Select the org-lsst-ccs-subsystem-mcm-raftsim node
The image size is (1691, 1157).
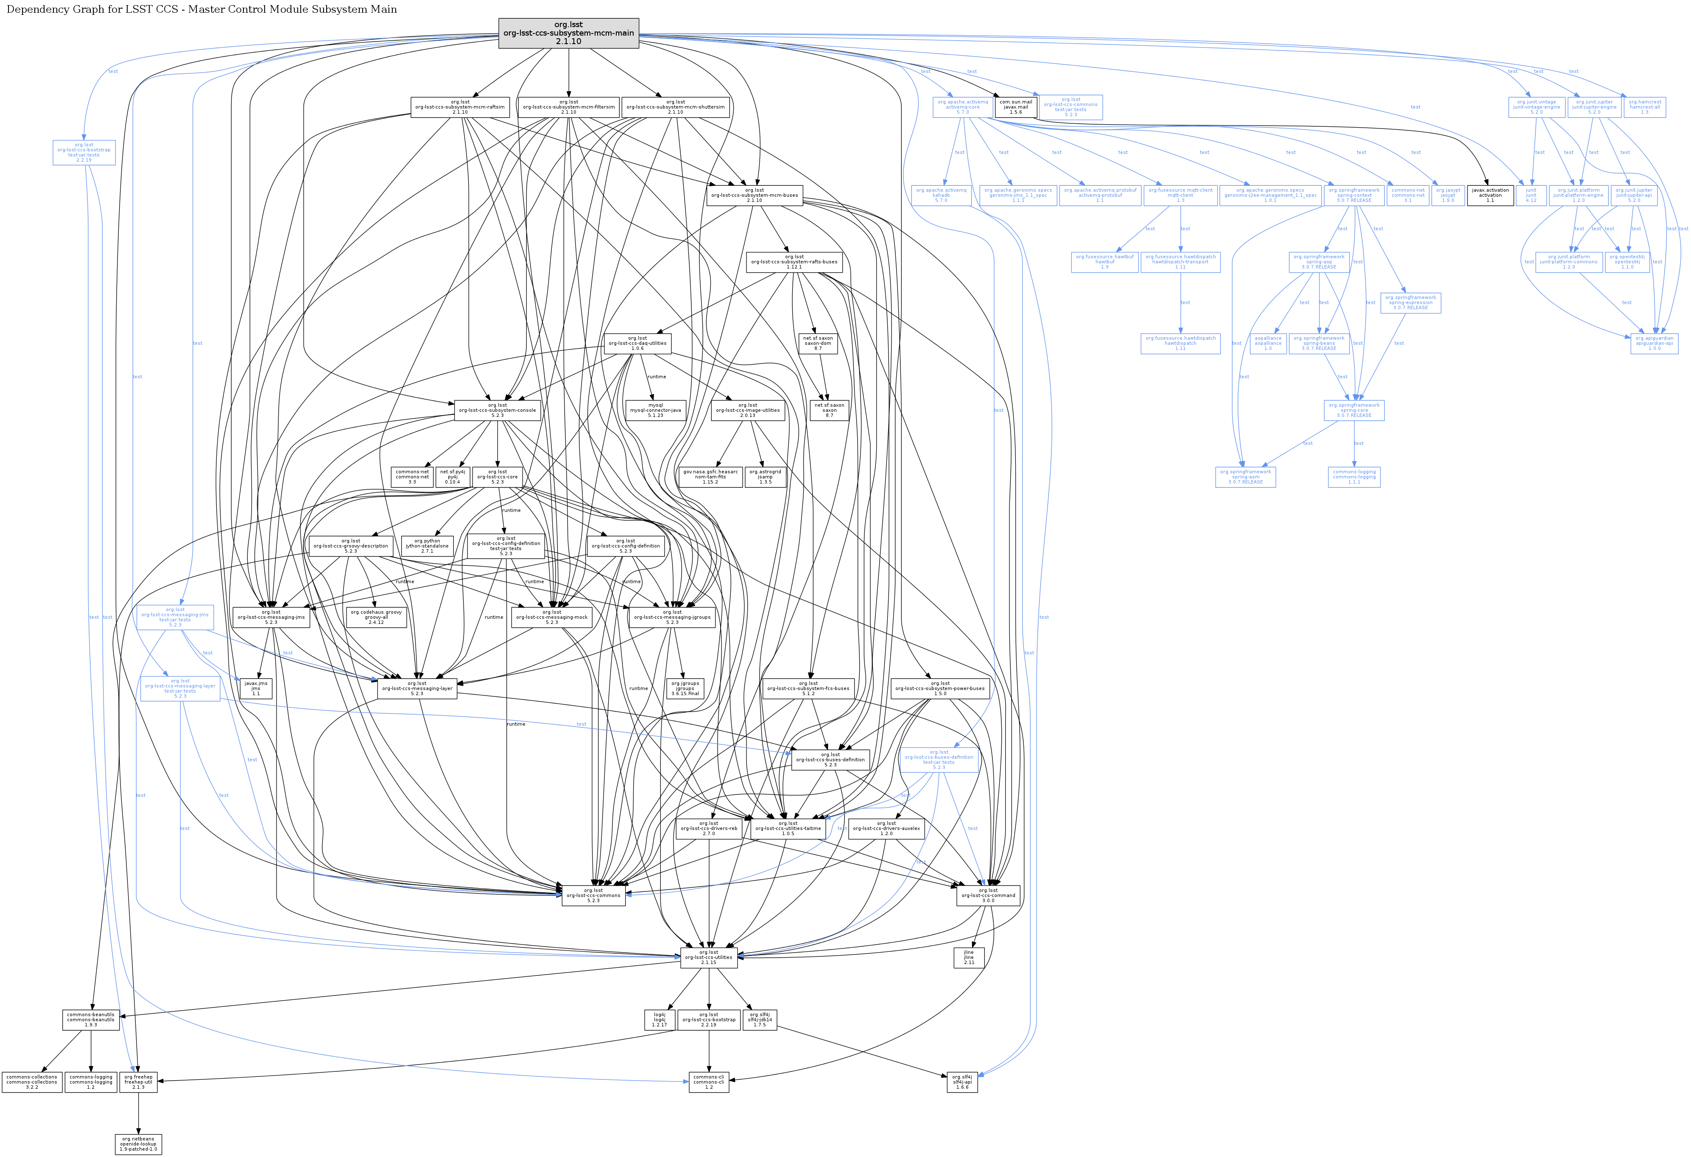pyautogui.click(x=460, y=107)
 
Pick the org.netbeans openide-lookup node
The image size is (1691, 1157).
pyautogui.click(x=138, y=1144)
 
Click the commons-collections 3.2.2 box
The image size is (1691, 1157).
pyautogui.click(x=32, y=1082)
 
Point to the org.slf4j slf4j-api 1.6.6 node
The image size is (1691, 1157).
pyautogui.click(x=962, y=1082)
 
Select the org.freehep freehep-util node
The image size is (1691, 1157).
pyautogui.click(x=138, y=1082)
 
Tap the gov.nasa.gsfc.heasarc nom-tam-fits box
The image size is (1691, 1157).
pyautogui.click(x=710, y=477)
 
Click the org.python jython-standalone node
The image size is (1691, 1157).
pyautogui.click(x=427, y=546)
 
